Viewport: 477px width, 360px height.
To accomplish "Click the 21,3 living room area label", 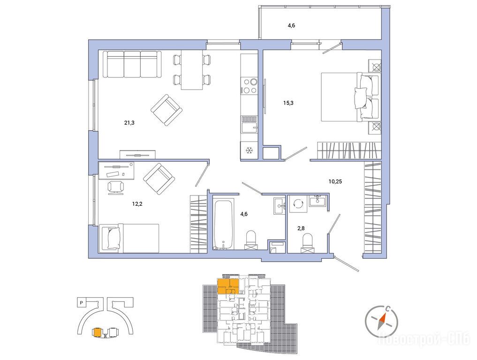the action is click(x=129, y=123).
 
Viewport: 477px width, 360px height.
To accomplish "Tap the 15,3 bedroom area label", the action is click(x=288, y=103).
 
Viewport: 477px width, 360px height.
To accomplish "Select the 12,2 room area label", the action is click(x=137, y=204).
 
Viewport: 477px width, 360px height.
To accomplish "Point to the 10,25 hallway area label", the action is click(x=335, y=181).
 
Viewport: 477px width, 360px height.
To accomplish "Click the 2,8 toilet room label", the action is click(x=301, y=228).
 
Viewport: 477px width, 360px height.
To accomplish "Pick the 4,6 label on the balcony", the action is click(x=291, y=25).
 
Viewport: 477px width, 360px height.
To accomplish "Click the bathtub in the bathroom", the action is click(x=224, y=225).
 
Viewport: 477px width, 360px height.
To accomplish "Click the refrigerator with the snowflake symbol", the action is click(x=249, y=150).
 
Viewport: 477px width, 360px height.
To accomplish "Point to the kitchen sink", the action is click(x=249, y=124).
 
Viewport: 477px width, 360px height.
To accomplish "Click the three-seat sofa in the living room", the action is click(x=132, y=64).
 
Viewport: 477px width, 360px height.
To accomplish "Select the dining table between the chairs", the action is click(x=192, y=70).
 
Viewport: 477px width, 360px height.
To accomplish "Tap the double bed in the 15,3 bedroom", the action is click(x=350, y=97).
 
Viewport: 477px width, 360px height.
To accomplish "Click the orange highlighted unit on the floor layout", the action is click(x=228, y=286).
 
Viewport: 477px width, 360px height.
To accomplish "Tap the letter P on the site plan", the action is click(x=81, y=302).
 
